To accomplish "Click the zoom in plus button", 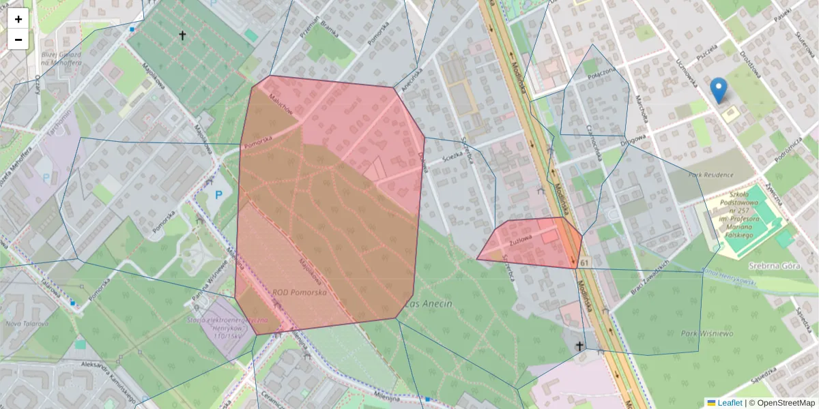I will [18, 19].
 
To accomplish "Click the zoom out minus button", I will [18, 40].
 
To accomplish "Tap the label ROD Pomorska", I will [299, 292].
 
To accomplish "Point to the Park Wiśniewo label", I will [706, 334].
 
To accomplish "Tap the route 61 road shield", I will [585, 262].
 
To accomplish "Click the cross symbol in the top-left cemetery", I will [182, 35].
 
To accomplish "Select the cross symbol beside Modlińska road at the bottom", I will [580, 346].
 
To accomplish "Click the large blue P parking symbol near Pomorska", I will [219, 195].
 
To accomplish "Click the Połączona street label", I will [601, 74].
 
